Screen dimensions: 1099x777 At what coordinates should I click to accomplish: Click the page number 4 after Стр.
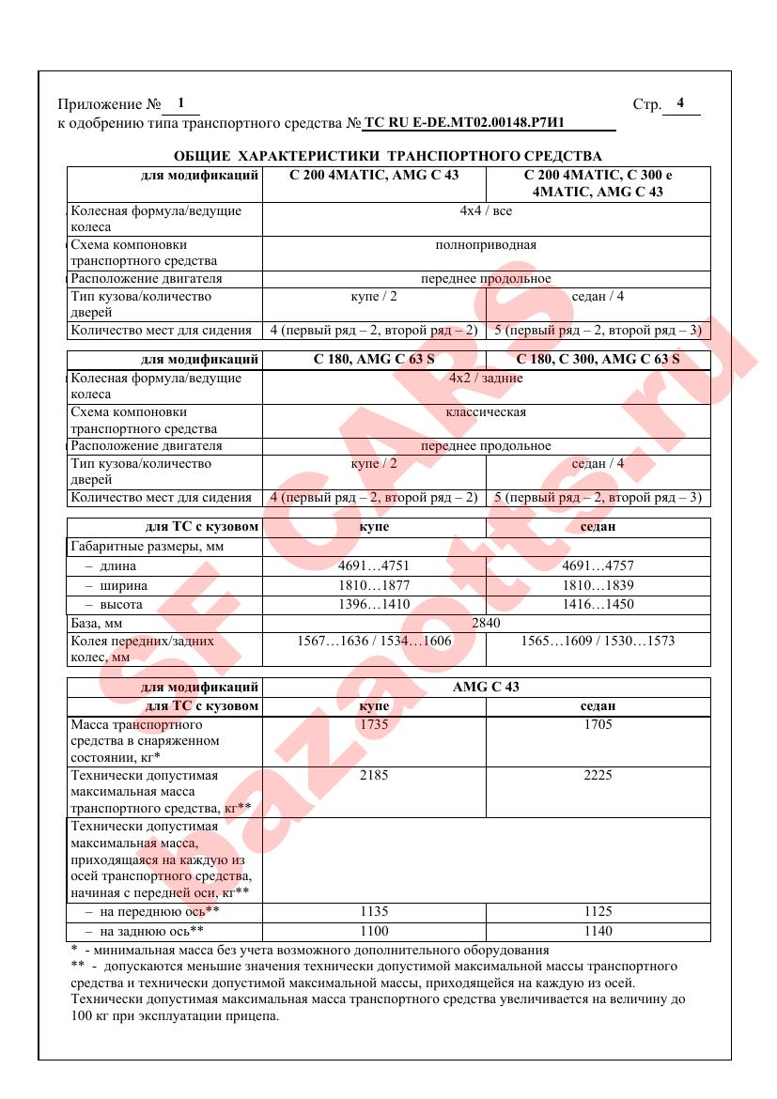(680, 103)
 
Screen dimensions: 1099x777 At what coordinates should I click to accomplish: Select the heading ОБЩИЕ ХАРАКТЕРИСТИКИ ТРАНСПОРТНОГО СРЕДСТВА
(388, 156)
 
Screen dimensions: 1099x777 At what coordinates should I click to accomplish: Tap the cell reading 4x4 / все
(486, 211)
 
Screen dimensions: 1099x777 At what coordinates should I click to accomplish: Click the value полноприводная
(486, 245)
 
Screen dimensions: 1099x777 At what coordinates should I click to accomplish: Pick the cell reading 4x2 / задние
(486, 378)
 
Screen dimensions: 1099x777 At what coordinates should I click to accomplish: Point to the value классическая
(486, 411)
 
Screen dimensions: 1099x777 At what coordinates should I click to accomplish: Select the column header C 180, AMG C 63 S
(374, 359)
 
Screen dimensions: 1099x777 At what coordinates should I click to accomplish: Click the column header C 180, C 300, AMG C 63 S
(598, 359)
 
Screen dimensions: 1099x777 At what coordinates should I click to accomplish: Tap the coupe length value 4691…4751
(374, 566)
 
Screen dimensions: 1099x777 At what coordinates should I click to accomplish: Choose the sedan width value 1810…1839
(598, 586)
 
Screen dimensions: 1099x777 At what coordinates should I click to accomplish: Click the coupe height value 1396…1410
(374, 605)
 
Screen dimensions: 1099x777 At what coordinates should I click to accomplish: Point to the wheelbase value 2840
(486, 624)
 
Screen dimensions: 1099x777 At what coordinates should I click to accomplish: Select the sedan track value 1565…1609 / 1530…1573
(598, 642)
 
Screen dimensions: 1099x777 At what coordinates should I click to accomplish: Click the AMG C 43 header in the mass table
(486, 687)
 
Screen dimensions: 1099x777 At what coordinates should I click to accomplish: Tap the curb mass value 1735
(374, 725)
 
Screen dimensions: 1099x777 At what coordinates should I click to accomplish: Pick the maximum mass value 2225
(598, 776)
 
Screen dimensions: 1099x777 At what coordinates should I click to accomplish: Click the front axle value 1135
(374, 911)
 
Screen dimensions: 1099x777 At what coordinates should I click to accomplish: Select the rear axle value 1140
(598, 931)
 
